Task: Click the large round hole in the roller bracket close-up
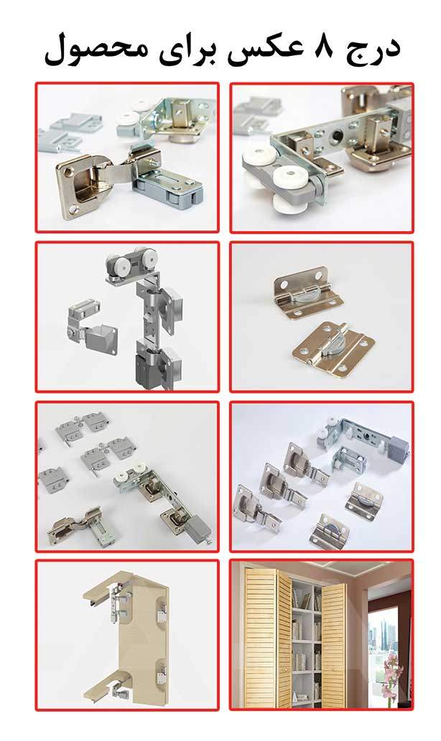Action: point(337,136)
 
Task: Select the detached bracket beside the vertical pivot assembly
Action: point(93,329)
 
